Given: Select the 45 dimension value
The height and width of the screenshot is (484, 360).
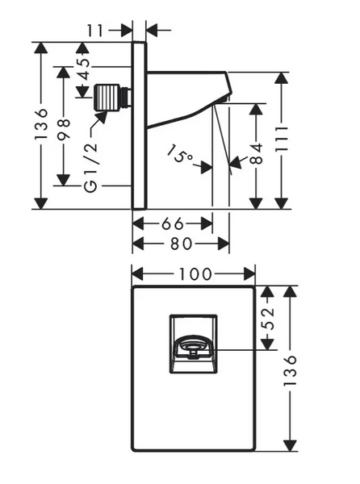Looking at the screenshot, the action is (x=83, y=69).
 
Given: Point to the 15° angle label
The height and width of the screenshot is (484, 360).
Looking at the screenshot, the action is (x=180, y=153).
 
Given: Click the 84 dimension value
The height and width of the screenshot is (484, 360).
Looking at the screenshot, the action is (x=256, y=153).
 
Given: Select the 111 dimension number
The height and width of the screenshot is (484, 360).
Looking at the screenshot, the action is (x=281, y=139).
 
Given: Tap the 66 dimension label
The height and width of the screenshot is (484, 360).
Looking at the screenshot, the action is (x=173, y=223).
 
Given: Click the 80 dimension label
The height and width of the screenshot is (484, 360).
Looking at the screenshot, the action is (x=182, y=244).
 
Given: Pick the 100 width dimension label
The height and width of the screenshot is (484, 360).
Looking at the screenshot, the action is (x=195, y=273).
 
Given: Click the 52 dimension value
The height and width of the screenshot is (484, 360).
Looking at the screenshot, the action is (x=268, y=319).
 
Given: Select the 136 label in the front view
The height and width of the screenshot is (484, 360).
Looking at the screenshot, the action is (x=290, y=370).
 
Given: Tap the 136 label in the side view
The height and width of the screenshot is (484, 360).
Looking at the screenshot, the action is (x=41, y=123).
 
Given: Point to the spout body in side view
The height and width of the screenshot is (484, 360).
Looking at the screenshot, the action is (x=186, y=96).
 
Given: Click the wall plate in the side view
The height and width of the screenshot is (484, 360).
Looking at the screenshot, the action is (x=140, y=125).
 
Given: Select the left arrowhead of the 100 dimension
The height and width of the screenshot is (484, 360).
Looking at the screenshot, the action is (x=138, y=273).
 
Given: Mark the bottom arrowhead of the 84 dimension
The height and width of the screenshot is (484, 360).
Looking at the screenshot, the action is (x=256, y=203).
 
